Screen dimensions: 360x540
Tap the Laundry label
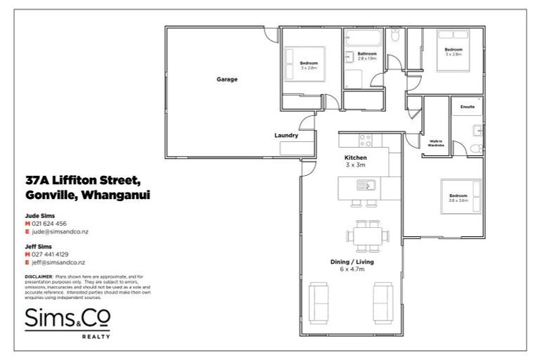pos(286,136)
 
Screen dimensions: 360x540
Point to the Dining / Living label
pos(352,261)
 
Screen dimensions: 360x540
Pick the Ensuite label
pos(468,107)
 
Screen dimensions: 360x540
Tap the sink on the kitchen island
pos(366,186)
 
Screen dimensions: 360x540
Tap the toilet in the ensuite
pos(477,147)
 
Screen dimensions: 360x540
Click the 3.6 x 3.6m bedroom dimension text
pos(458,200)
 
